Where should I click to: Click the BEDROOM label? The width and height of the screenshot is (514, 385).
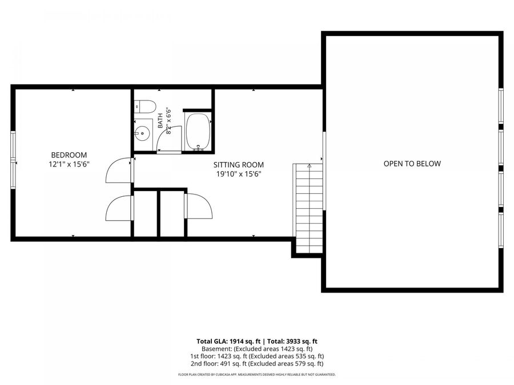pos(69,155)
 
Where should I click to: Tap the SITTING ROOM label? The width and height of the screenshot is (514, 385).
pos(239,165)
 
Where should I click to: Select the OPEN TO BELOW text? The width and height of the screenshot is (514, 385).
pos(412,163)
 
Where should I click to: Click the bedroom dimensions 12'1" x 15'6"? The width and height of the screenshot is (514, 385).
pos(69,164)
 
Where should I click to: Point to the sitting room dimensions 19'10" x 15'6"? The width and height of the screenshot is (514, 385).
pos(239,174)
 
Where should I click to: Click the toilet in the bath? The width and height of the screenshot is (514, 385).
pos(145,107)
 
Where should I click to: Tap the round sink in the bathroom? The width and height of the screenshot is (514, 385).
pos(142,133)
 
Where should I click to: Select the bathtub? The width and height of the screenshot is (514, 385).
pos(198,132)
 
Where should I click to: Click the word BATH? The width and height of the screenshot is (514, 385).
pos(160,120)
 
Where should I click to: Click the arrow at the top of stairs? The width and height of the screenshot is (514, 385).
pos(309,166)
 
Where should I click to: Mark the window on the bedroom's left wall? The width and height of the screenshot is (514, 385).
pos(13,160)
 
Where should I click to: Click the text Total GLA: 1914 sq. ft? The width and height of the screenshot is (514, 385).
pos(228,342)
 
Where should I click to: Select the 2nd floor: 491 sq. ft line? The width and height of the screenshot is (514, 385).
pos(257,363)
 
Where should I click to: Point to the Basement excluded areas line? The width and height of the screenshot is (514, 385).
pos(257,348)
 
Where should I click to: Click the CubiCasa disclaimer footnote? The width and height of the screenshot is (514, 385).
pos(257,375)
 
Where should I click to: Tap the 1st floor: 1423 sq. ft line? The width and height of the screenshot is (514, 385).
pos(257,356)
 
